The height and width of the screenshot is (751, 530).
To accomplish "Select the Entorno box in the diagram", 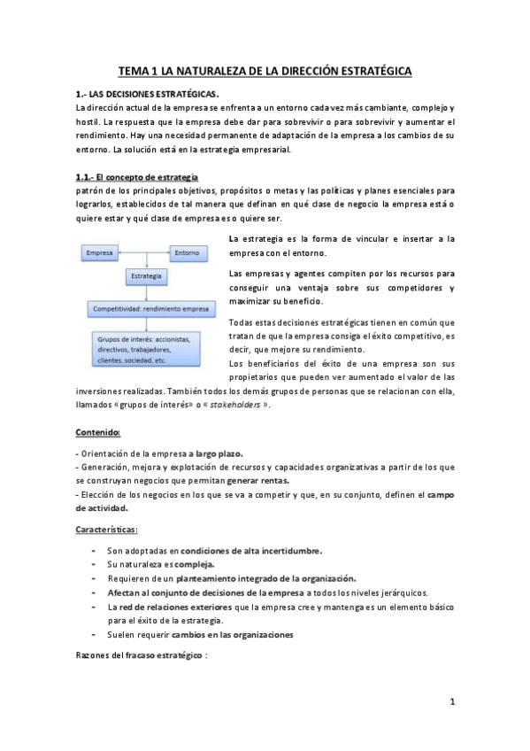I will [x=187, y=253].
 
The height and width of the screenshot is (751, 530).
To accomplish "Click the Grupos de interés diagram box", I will [x=148, y=349].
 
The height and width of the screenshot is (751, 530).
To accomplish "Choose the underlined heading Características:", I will [x=106, y=529].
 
